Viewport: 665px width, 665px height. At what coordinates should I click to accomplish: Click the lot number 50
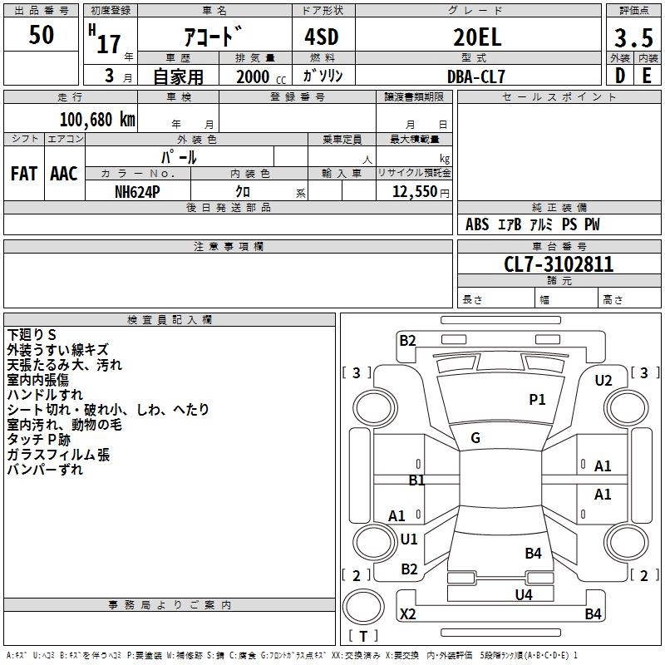(x=41, y=34)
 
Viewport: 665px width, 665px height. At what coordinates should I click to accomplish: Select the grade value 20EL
(x=477, y=37)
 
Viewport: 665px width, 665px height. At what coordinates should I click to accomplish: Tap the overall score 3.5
(x=633, y=37)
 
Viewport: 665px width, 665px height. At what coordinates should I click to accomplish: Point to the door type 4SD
(x=322, y=37)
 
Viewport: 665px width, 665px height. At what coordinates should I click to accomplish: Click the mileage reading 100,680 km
(x=97, y=120)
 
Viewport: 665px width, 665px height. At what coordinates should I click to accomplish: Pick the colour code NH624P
(x=137, y=192)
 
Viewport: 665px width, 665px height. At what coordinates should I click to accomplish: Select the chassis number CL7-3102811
(x=559, y=264)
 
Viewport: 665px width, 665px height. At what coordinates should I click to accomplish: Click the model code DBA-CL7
(x=476, y=76)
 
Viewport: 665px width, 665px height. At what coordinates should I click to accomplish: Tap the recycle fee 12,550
(x=415, y=192)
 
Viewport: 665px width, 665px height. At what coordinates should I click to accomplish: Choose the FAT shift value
(x=24, y=174)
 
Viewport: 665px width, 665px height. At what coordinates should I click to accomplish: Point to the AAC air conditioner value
(x=64, y=174)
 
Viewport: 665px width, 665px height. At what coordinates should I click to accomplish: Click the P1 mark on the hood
(x=537, y=399)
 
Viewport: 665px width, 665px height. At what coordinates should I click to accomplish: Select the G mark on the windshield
(x=475, y=438)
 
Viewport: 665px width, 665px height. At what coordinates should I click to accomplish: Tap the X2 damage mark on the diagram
(x=408, y=613)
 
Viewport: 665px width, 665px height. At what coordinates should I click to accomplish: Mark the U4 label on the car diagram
(x=524, y=595)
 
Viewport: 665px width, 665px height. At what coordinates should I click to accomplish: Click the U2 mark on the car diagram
(x=603, y=381)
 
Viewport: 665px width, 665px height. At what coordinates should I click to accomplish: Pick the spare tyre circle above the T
(x=363, y=607)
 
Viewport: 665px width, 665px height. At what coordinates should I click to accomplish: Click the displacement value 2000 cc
(x=261, y=77)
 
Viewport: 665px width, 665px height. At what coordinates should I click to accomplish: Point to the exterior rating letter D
(x=620, y=76)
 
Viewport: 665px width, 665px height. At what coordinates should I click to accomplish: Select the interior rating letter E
(x=647, y=76)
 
